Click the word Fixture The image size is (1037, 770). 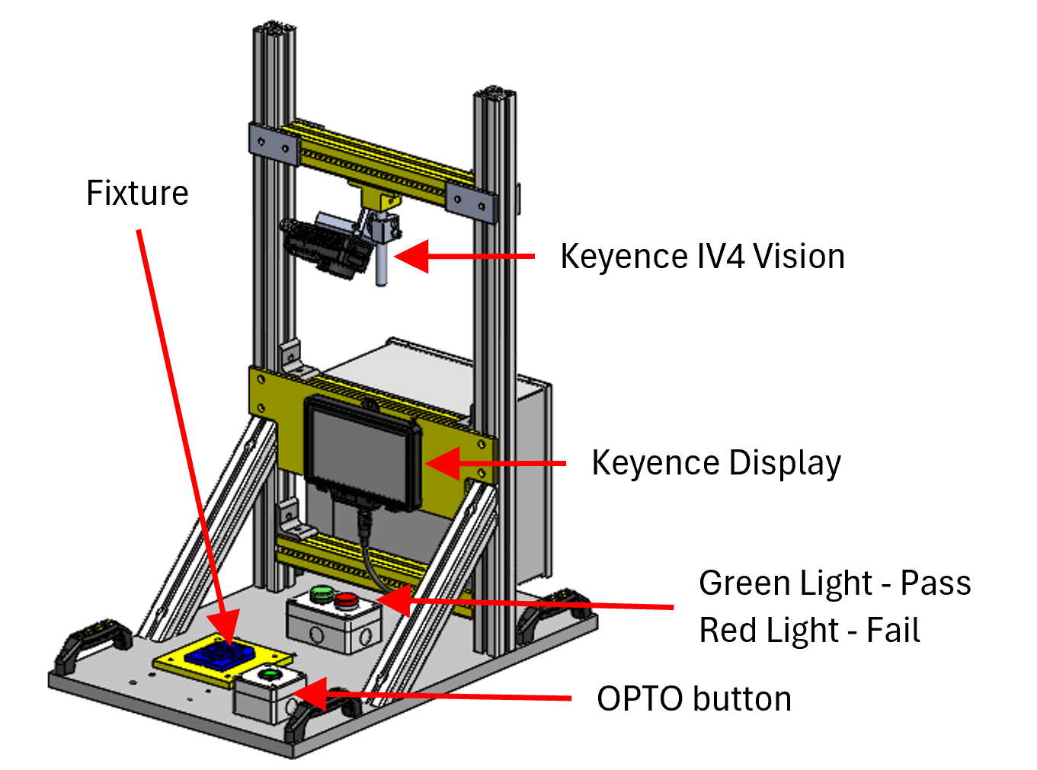(x=137, y=193)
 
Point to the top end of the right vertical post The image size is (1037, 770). (x=494, y=93)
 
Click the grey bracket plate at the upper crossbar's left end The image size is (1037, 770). (x=273, y=144)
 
